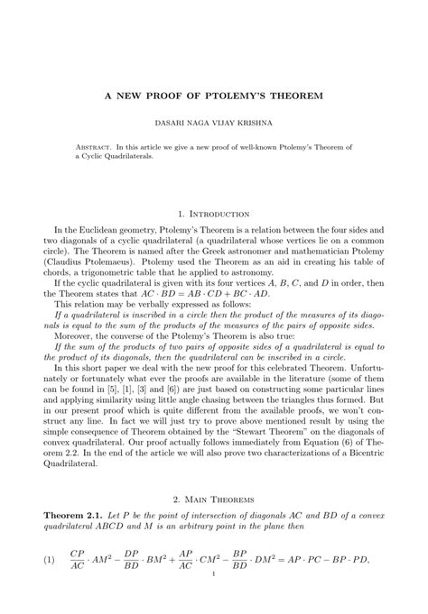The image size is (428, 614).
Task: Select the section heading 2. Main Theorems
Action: tap(214, 498)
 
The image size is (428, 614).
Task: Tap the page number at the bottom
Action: tap(214, 598)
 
